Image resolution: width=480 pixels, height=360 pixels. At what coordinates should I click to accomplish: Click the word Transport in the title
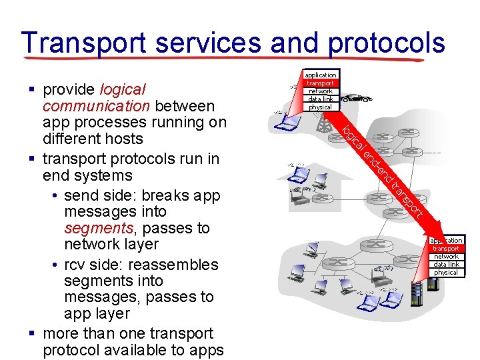point(85,43)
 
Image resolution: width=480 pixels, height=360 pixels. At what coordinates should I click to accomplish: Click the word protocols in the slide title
point(387,43)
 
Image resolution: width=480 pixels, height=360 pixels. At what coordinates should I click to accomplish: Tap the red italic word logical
point(122,89)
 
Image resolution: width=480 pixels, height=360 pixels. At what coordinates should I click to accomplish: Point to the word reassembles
point(178,264)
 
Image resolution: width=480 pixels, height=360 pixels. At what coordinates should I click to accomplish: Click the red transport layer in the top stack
point(321,83)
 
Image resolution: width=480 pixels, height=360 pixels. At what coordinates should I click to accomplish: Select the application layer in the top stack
point(321,75)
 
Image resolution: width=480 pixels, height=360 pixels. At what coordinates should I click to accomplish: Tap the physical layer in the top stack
point(321,107)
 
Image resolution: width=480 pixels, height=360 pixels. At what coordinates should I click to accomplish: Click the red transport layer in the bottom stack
point(446,249)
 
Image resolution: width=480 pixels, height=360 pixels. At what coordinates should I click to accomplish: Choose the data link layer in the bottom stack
point(446,265)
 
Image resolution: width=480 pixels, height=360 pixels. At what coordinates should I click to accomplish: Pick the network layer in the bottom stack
point(446,257)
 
